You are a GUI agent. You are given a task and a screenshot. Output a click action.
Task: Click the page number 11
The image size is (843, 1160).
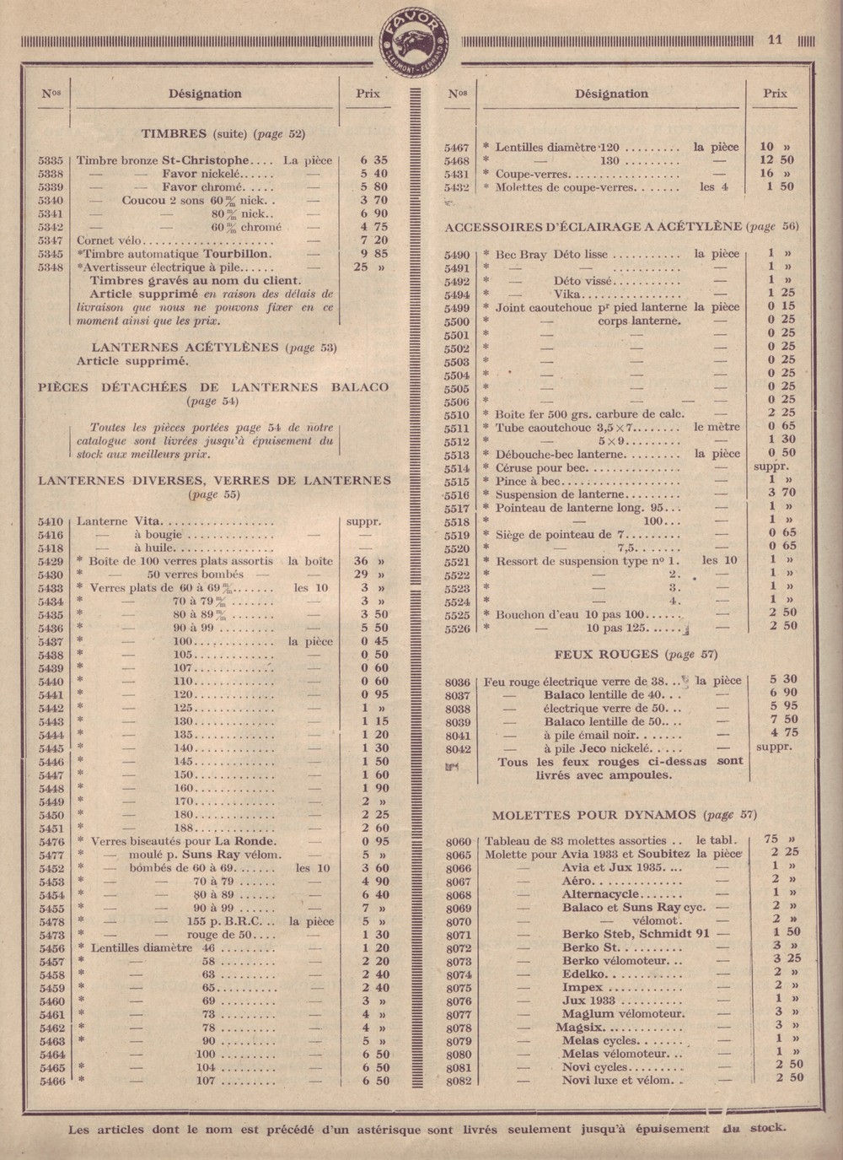click(776, 39)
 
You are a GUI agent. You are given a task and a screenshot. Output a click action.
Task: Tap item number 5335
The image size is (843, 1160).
click(52, 159)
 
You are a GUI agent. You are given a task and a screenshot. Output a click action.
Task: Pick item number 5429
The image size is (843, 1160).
click(52, 561)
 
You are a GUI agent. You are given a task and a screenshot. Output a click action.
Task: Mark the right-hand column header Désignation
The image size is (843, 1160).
click(612, 94)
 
